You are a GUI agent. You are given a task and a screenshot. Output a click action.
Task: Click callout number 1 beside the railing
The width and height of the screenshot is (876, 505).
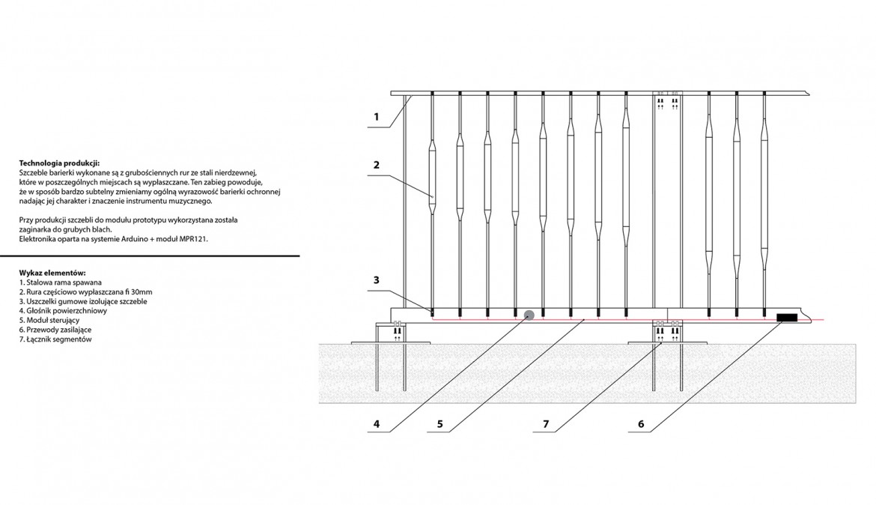coord(376,117)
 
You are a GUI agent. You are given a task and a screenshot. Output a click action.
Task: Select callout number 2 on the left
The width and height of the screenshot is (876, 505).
coord(376,165)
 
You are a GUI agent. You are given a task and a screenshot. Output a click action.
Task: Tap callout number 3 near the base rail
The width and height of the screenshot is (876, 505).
coord(376,280)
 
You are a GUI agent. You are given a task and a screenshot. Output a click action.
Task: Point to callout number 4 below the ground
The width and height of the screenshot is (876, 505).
coord(376,425)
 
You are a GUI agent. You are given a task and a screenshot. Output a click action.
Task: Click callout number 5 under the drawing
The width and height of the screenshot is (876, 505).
coord(439,425)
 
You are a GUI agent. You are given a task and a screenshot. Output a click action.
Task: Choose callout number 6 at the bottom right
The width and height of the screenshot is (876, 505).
coord(641,425)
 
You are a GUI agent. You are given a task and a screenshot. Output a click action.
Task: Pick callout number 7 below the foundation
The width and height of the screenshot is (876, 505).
coord(546,425)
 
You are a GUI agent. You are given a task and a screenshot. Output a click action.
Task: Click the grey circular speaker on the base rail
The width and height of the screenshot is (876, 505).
coord(529,315)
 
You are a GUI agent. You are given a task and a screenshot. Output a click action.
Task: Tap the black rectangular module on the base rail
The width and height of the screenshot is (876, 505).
coord(787,318)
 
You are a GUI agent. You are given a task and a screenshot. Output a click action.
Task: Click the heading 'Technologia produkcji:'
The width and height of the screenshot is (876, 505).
coord(59,163)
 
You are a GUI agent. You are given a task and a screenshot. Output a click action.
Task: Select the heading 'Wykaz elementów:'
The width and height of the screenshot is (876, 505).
coord(52,273)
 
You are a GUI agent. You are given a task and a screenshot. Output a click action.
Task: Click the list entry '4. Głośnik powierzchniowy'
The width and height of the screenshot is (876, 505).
coord(63,311)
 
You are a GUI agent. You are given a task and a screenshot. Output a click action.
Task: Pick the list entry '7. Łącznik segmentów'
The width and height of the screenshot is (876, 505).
coord(55,339)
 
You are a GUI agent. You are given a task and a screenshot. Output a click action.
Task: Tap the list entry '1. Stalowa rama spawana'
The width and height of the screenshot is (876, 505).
coord(61,282)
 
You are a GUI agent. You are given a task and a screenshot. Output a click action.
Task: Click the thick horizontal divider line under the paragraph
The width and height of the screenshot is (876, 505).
coord(150,256)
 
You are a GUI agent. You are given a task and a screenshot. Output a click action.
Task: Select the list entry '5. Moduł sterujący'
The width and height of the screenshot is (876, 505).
coord(49,321)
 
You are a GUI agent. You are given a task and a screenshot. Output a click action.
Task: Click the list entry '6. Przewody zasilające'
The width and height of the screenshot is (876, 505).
coord(55,330)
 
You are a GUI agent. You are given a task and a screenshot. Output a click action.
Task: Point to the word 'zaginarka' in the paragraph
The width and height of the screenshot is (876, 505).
coord(34,230)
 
